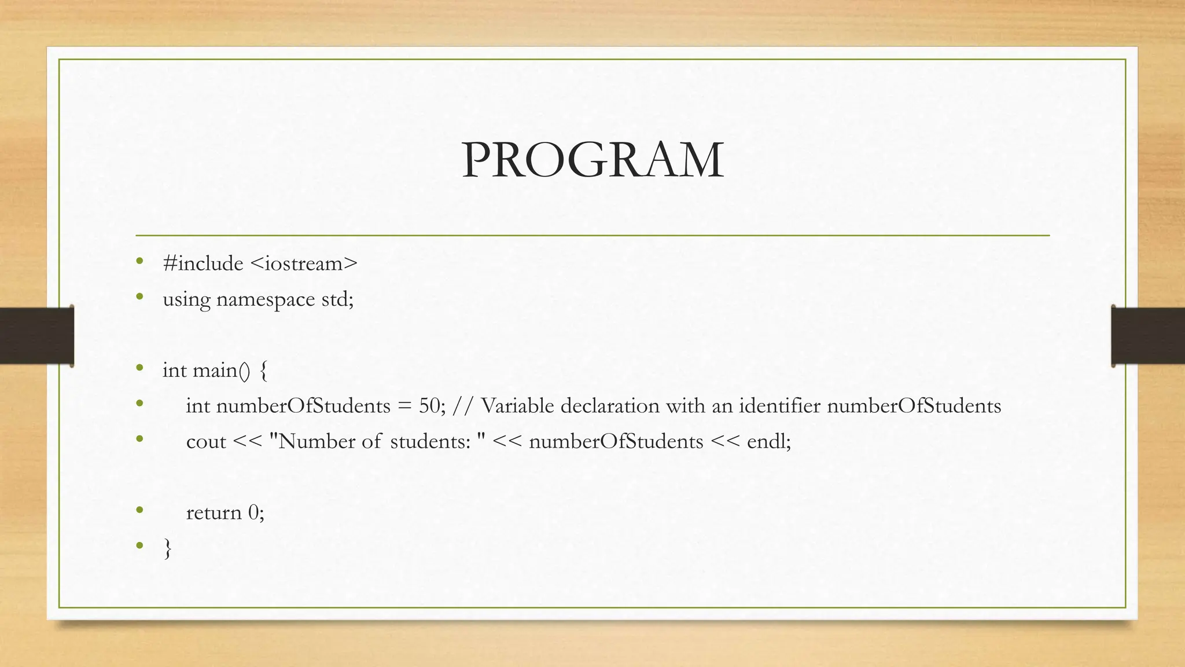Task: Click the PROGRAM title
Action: click(592, 160)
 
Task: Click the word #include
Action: click(203, 263)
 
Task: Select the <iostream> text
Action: click(304, 263)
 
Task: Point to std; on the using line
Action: click(337, 299)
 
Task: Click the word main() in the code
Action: click(222, 370)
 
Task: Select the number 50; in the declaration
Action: click(432, 406)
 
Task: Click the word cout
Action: click(206, 442)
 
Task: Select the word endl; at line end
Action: click(768, 442)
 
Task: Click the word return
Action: click(214, 512)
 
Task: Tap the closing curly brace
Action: click(168, 548)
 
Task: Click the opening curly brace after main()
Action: click(264, 371)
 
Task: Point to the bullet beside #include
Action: click(139, 262)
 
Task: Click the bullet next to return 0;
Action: click(139, 511)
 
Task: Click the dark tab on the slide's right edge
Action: click(1148, 336)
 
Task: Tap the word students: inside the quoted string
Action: click(430, 442)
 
